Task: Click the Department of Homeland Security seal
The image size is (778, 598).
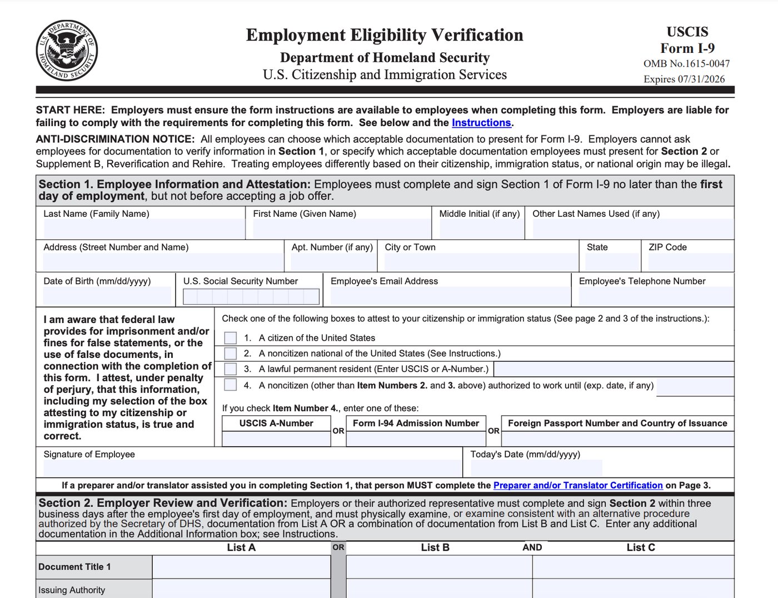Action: coord(67,51)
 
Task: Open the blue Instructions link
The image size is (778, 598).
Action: coord(481,123)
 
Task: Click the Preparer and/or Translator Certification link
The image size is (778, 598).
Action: coord(577,485)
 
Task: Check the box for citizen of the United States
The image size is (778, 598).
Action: coord(230,338)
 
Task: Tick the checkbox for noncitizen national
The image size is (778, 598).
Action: coord(230,353)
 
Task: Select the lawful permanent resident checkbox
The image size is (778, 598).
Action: coord(230,369)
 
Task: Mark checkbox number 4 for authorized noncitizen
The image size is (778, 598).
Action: coord(230,385)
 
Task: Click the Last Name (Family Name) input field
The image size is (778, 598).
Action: coord(143,229)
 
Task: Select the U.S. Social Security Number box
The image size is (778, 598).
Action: coord(251,297)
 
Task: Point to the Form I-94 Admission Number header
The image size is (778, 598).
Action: coord(416,423)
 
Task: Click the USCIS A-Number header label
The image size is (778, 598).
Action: coord(276,423)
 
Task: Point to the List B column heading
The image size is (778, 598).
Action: coord(435,547)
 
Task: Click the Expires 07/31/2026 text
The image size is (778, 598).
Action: coord(684,79)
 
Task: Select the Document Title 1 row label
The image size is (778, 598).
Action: coord(74,567)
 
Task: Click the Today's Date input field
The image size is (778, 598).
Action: coord(536,468)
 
